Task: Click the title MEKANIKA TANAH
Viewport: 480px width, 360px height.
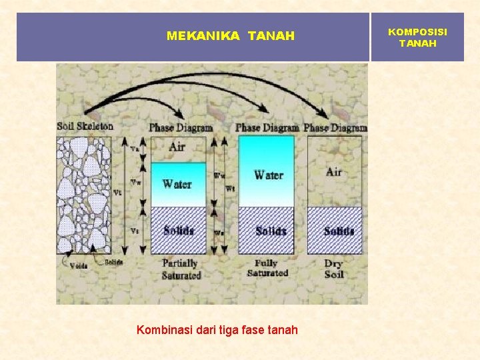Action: (230, 36)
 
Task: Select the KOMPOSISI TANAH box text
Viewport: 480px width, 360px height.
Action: (417, 37)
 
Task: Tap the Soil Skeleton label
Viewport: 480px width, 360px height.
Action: (85, 126)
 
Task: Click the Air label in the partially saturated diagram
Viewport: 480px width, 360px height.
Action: (177, 147)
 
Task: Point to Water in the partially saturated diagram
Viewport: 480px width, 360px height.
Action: (177, 184)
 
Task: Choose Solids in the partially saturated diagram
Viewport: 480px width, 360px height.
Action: (179, 231)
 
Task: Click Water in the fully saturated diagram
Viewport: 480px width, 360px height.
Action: (269, 175)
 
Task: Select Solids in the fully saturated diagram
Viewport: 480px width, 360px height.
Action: (270, 231)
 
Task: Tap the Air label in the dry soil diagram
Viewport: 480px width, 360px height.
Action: (334, 172)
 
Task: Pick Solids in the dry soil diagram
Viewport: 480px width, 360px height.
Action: (339, 231)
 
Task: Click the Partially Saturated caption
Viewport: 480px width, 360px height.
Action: (180, 269)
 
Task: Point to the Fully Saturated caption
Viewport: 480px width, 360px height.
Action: (267, 268)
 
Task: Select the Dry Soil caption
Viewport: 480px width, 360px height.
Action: (334, 269)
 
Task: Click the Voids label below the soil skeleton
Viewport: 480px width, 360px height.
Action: (78, 265)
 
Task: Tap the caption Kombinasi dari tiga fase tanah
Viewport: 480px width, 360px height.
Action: (217, 329)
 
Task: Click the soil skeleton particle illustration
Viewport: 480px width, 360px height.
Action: (83, 193)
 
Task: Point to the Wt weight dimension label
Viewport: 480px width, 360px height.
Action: (231, 189)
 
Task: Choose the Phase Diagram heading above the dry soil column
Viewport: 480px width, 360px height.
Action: (335, 127)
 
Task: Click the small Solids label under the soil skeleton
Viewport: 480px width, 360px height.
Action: (113, 262)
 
